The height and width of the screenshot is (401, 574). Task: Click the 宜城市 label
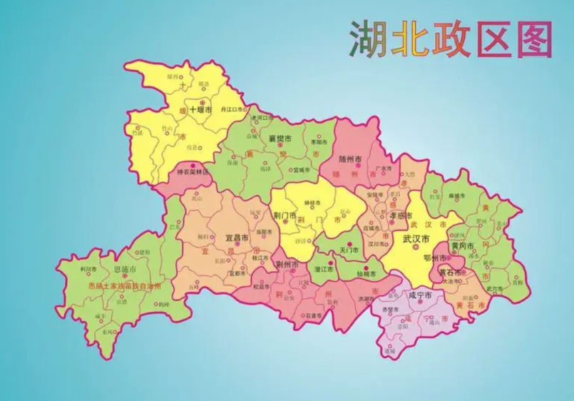[301, 170]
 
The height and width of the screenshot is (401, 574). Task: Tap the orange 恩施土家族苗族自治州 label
[125, 286]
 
